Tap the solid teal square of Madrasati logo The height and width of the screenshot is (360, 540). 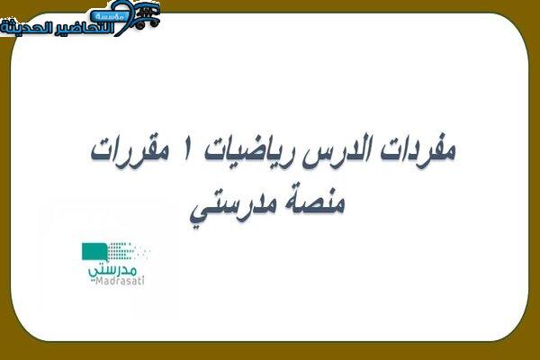94,251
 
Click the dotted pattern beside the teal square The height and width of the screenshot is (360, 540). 129,251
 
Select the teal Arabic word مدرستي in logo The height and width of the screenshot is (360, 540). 112,270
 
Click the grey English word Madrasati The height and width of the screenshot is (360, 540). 120,281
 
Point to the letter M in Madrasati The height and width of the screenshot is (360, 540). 100,281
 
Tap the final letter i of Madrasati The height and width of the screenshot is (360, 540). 142,281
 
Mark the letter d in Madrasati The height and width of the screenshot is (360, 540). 112,281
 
